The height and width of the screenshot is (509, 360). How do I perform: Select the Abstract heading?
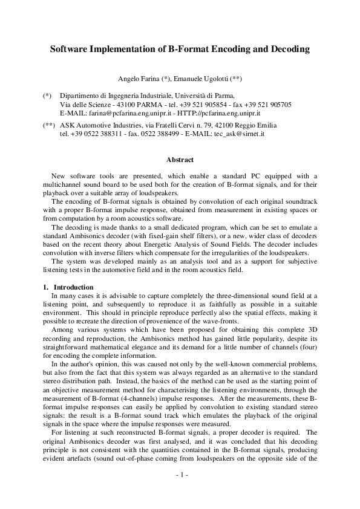pyautogui.click(x=180, y=160)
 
